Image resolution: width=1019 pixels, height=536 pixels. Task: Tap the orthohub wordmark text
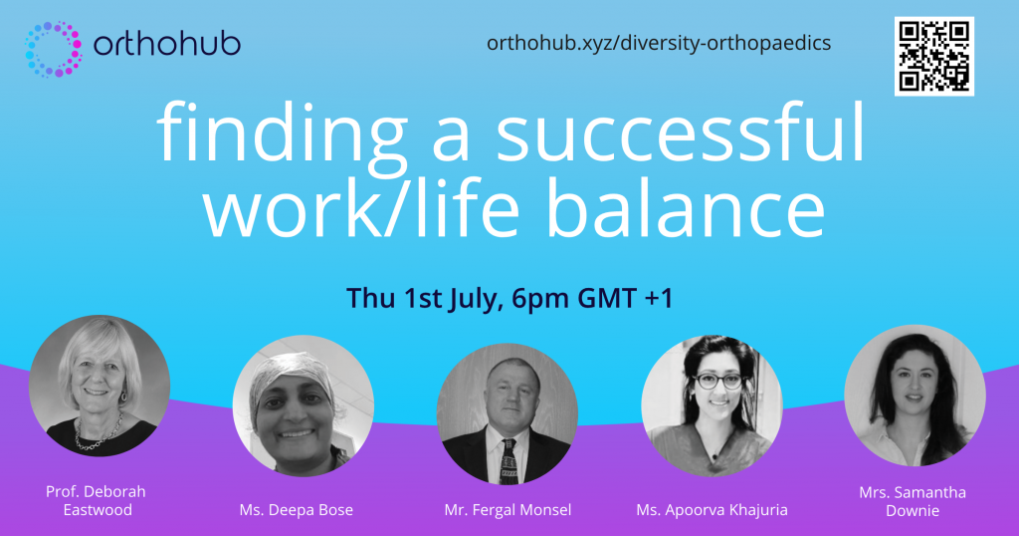tap(167, 44)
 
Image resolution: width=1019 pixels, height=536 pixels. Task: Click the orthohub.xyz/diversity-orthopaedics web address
tap(659, 43)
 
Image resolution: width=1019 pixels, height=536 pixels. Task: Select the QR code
tap(933, 57)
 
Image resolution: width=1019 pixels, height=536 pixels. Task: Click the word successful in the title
tap(681, 133)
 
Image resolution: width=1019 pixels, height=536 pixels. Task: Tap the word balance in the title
tap(686, 207)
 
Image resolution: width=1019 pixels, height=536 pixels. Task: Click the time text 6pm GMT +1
tap(592, 298)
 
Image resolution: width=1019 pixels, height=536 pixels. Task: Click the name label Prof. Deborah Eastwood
tap(97, 500)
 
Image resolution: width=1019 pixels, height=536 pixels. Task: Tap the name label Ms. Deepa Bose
tap(297, 509)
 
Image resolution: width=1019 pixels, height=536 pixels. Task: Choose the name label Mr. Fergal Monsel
tap(509, 509)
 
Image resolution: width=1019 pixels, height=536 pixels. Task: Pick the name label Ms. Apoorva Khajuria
tap(712, 509)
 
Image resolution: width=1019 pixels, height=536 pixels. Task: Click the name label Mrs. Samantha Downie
tap(913, 501)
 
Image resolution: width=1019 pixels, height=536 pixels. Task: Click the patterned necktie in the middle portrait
tap(509, 461)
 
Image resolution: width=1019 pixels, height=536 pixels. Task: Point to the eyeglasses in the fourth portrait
tap(718, 382)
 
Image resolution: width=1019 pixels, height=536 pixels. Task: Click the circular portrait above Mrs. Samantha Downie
tap(915, 396)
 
